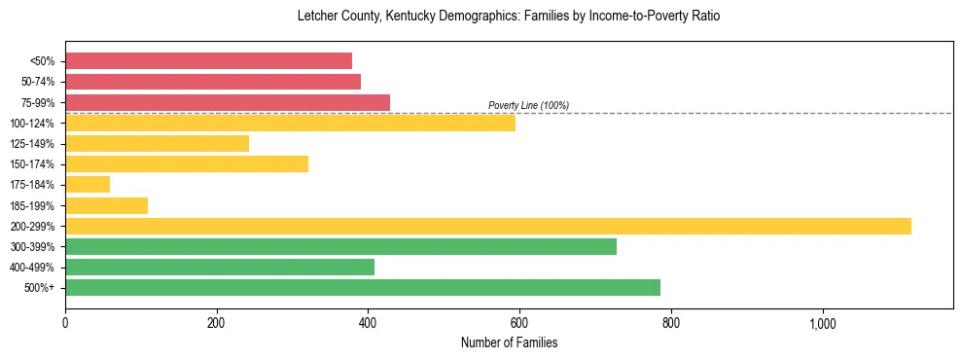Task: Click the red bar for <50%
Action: (208, 60)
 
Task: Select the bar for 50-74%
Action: (213, 82)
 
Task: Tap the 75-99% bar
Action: (228, 102)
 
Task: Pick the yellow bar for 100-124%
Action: (290, 123)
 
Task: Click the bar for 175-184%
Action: (88, 185)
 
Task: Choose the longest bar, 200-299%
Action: (488, 226)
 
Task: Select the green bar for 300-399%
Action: (340, 246)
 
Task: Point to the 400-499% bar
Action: (220, 267)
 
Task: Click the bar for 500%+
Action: (363, 287)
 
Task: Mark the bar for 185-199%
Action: (106, 205)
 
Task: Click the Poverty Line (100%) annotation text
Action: (528, 105)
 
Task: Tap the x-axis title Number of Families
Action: (509, 342)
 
